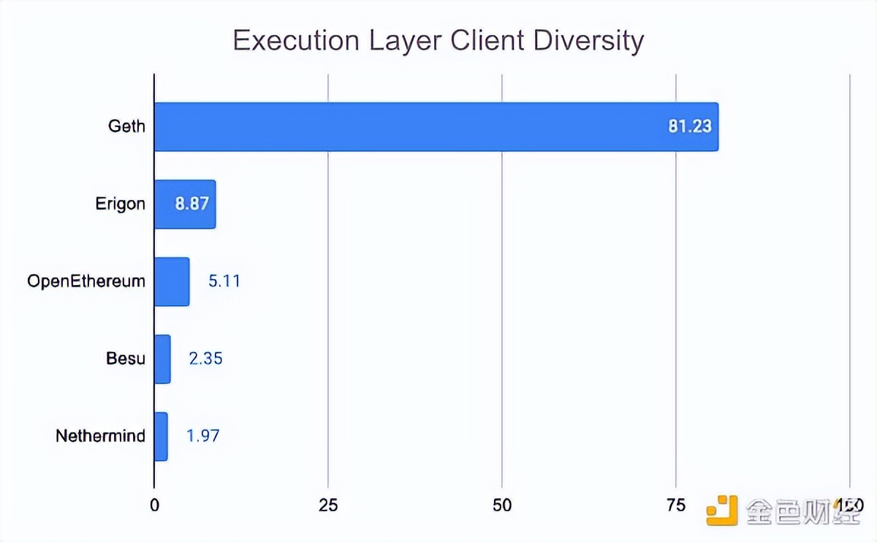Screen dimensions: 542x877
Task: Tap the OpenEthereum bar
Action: [x=172, y=281]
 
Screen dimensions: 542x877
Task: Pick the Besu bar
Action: [x=162, y=359]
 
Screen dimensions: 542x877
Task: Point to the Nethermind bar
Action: [x=161, y=436]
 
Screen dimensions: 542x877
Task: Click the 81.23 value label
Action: [x=689, y=126]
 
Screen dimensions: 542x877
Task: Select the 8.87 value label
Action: [x=191, y=204]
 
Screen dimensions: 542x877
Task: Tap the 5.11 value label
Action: [x=224, y=281]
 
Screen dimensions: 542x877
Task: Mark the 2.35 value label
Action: [x=205, y=359]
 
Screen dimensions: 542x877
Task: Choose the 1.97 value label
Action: [x=203, y=436]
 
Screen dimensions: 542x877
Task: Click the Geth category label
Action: [x=126, y=126]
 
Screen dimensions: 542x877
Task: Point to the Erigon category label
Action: [x=120, y=204]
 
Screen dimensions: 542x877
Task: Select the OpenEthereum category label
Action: [x=86, y=281]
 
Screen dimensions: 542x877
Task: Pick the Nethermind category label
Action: [x=100, y=436]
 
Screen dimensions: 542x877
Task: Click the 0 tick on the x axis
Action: [x=154, y=505]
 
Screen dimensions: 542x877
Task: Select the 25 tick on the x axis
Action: [x=328, y=505]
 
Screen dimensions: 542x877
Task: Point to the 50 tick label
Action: [x=502, y=505]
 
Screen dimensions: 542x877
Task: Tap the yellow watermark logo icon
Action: [x=722, y=509]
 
